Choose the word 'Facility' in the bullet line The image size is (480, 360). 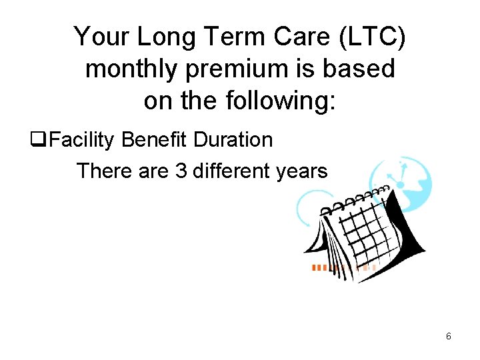(84, 140)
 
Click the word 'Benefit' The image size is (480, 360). (156, 140)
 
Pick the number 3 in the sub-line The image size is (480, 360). (181, 171)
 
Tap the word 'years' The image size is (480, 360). (305, 171)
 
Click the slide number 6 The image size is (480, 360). (449, 337)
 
